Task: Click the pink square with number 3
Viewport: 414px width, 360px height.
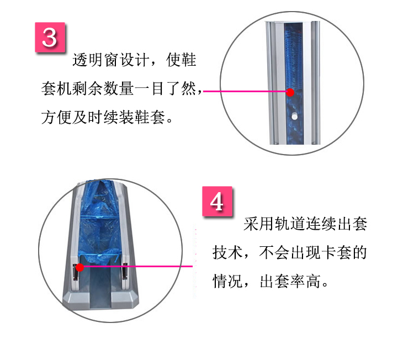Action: (50, 37)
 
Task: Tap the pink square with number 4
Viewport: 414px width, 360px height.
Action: (217, 202)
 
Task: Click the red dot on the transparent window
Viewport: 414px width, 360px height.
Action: (290, 92)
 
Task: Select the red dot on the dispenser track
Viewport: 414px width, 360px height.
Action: (79, 267)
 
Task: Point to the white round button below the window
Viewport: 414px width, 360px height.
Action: (294, 116)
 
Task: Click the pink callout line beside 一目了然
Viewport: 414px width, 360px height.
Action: (245, 92)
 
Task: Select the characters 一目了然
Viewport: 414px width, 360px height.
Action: (166, 88)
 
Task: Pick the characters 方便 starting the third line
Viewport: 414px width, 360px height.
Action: (56, 117)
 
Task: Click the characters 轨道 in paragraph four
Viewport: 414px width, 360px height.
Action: (290, 224)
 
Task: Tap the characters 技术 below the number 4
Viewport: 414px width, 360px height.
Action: (227, 252)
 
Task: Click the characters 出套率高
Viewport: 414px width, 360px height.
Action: (290, 281)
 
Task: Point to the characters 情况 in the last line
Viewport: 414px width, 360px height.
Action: (227, 281)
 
